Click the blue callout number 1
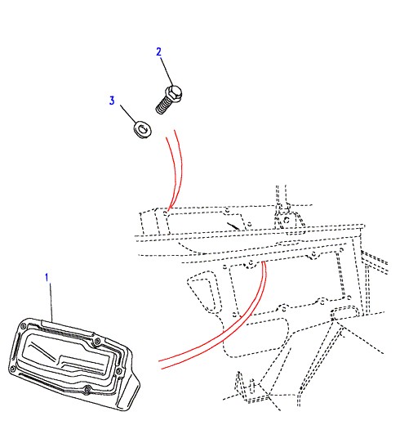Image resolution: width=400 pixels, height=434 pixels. pyautogui.click(x=47, y=278)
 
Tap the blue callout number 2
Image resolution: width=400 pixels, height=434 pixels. pyautogui.click(x=158, y=51)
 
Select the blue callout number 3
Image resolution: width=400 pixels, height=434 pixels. pyautogui.click(x=112, y=101)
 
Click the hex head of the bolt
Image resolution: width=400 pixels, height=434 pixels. pyautogui.click(x=173, y=92)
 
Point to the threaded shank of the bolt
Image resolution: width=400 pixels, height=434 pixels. pyautogui.click(x=162, y=105)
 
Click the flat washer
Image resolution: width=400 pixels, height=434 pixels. pyautogui.click(x=142, y=129)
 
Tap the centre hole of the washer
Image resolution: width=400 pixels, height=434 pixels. pyautogui.click(x=143, y=128)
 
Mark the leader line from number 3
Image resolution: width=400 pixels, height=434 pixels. pyautogui.click(x=128, y=114)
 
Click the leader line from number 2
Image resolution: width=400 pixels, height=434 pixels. pyautogui.click(x=167, y=72)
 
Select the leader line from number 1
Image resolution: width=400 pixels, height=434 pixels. pyautogui.click(x=51, y=302)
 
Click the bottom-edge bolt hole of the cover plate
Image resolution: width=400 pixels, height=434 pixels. pyautogui.click(x=87, y=388)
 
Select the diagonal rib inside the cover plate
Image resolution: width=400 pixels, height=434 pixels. pyautogui.click(x=44, y=352)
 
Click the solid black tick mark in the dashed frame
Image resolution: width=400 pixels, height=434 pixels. pyautogui.click(x=233, y=226)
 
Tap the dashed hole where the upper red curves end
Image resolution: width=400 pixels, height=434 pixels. pyautogui.click(x=166, y=213)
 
